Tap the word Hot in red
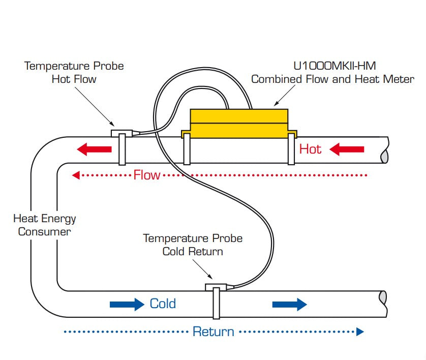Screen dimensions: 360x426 310,149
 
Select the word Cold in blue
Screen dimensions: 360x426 163,304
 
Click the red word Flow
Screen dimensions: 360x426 146,175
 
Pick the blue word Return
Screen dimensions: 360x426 213,332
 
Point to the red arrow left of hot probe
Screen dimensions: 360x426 94,149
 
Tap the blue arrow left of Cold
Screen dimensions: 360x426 127,304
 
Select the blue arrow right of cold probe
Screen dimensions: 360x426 289,304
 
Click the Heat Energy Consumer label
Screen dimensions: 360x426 44,225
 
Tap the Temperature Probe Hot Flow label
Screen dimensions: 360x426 74,72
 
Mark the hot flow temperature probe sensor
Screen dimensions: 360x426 122,134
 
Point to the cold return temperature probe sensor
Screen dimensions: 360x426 216,288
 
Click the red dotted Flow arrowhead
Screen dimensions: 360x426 76,175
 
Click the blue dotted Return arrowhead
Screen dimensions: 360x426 360,332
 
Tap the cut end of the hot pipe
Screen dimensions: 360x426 385,151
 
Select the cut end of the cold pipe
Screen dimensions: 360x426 383,304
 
